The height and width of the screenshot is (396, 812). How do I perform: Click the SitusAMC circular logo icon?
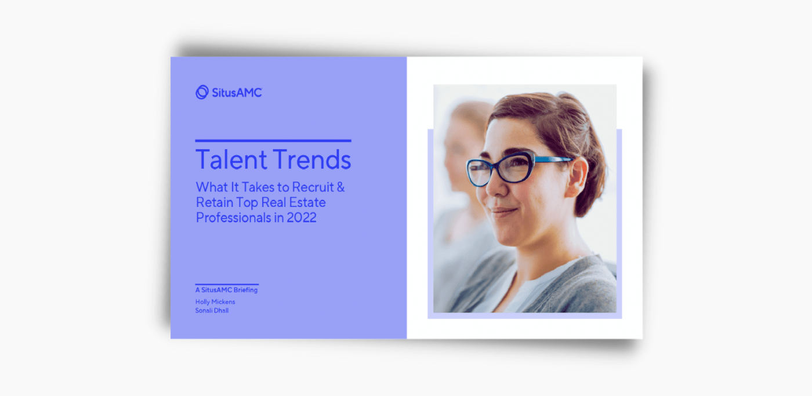202,92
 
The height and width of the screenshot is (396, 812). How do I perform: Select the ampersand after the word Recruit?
357,188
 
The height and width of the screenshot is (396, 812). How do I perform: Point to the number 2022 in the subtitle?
302,218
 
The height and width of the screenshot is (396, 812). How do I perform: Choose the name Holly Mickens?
215,301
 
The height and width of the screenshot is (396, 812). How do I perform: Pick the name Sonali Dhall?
212,310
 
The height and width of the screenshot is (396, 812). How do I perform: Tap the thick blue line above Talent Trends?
273,140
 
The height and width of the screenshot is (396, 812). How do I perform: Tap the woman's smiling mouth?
503,212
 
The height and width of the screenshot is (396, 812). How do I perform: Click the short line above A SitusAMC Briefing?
227,284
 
